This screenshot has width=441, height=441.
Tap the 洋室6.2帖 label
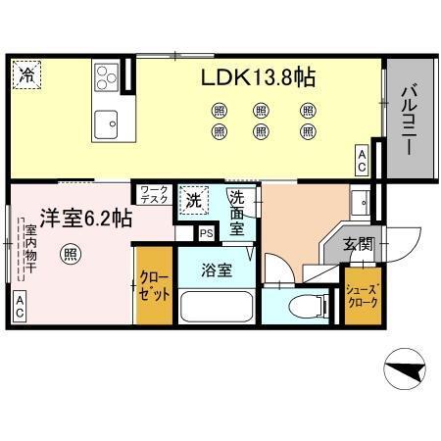tap(85, 219)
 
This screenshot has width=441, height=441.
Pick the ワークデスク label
tap(155, 195)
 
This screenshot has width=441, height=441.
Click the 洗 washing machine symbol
tap(194, 201)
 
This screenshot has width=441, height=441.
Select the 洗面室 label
tap(237, 213)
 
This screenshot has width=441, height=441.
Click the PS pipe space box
tap(206, 233)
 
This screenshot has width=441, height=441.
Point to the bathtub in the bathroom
tap(217, 309)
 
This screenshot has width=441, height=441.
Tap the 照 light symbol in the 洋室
tap(71, 256)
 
